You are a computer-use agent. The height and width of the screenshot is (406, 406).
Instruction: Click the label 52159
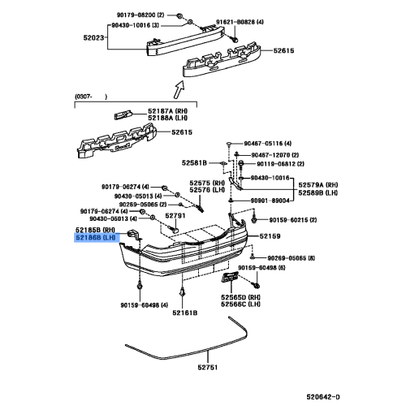click(x=270, y=236)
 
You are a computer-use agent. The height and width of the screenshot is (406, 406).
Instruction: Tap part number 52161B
click(x=185, y=311)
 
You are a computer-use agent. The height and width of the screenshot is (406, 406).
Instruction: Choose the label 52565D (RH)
click(x=241, y=296)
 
